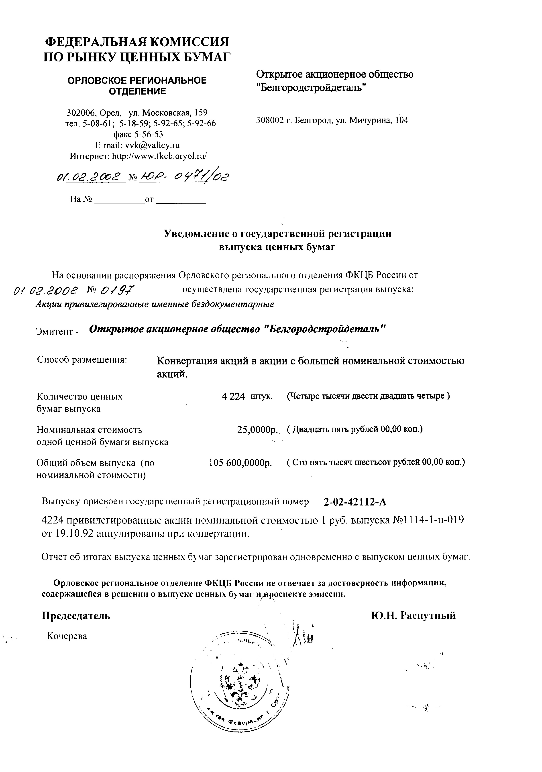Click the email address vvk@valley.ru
tap(152, 145)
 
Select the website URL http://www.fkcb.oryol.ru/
tap(159, 156)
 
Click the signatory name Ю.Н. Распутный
tap(414, 616)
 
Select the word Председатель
tap(76, 616)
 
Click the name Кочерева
tap(67, 636)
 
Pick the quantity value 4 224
tap(233, 396)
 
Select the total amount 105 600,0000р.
tap(240, 463)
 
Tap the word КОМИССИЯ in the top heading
tap(189, 42)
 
